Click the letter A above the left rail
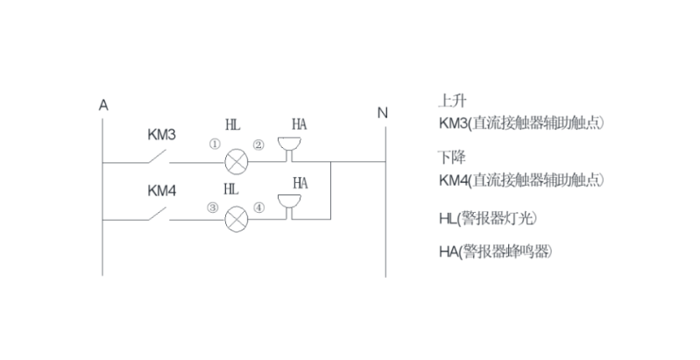pyautogui.click(x=103, y=105)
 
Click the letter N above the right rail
pyautogui.click(x=382, y=112)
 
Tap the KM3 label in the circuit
pyautogui.click(x=161, y=136)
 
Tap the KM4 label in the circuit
pyautogui.click(x=161, y=189)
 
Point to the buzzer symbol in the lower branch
pyautogui.click(x=287, y=205)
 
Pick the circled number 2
pyautogui.click(x=258, y=145)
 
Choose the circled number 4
pyautogui.click(x=258, y=208)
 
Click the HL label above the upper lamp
pyautogui.click(x=232, y=125)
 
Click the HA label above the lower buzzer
pyautogui.click(x=300, y=183)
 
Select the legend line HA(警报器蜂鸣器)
pyautogui.click(x=496, y=251)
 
